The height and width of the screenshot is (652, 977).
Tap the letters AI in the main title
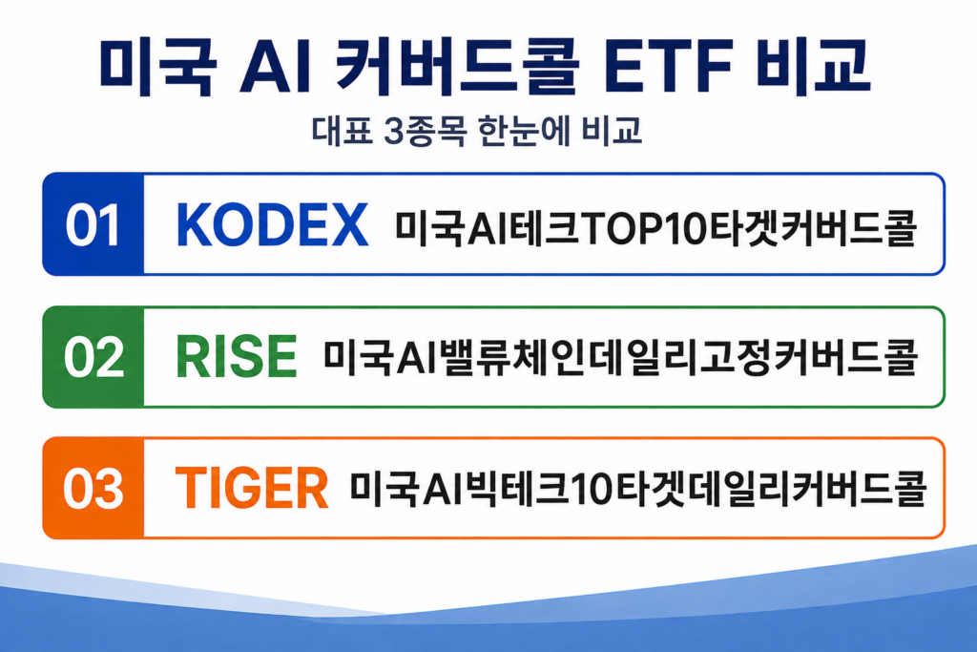point(275,68)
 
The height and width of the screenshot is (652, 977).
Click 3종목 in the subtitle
point(425,132)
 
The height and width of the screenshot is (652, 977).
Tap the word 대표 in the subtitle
point(343,132)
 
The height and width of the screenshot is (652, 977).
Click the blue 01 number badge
point(94,224)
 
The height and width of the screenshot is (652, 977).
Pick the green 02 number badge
point(94,357)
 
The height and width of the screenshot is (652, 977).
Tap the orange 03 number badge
point(94,488)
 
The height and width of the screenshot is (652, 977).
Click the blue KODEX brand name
point(272,225)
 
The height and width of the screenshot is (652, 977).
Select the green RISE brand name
point(237,357)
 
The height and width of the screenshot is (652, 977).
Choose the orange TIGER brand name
point(252,488)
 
